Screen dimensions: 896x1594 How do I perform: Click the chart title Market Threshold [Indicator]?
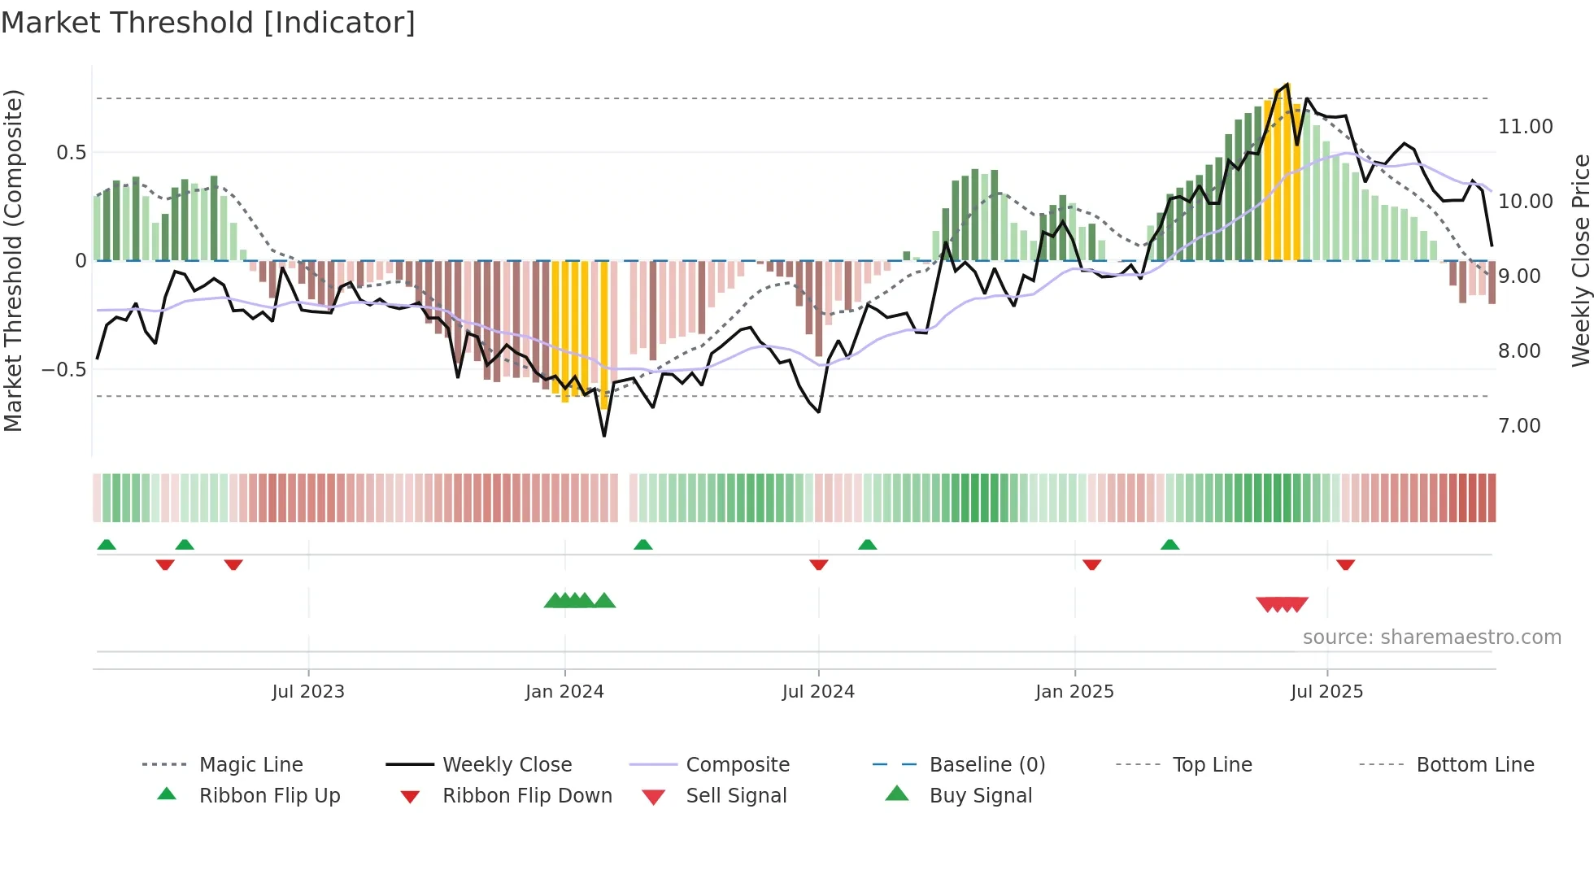click(208, 23)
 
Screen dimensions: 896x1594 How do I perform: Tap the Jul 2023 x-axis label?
click(308, 692)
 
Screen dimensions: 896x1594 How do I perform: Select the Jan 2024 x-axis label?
click(564, 692)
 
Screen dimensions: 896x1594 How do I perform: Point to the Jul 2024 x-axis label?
click(818, 692)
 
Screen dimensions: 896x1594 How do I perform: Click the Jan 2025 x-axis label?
click(1074, 692)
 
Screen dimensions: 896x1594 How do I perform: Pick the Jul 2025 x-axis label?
click(1326, 692)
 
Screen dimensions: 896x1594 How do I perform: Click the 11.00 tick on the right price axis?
click(1525, 127)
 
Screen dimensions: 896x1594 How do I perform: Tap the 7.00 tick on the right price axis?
click(1519, 426)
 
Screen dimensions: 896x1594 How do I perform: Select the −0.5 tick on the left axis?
click(64, 370)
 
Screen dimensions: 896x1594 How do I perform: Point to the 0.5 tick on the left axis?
click(71, 153)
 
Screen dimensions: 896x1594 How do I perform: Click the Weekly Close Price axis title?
click(1580, 260)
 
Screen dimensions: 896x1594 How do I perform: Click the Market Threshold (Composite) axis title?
click(13, 260)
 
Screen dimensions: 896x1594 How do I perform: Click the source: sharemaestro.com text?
click(1431, 637)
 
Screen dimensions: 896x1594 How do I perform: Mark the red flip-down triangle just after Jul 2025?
click(1345, 564)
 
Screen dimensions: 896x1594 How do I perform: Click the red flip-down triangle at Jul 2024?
click(819, 564)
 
